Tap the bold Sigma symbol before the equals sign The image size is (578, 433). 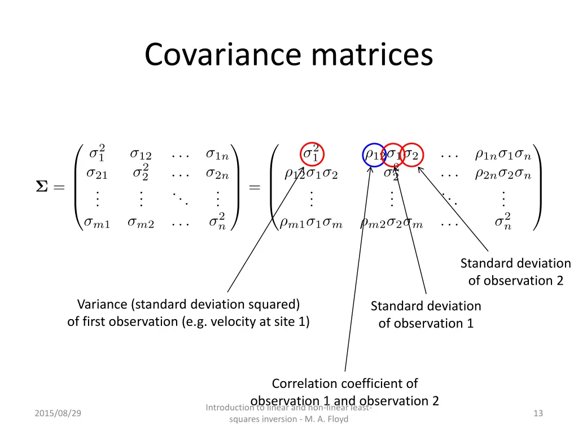[x=42, y=188]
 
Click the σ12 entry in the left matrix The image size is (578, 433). [x=141, y=154]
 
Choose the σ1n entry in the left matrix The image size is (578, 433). [x=217, y=154]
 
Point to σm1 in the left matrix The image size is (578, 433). [x=97, y=223]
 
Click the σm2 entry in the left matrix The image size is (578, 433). [x=141, y=223]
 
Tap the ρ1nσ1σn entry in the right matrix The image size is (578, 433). [x=502, y=154]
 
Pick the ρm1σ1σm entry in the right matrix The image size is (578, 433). [x=312, y=223]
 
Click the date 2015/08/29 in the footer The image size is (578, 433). [x=58, y=413]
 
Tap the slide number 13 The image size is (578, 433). [x=538, y=413]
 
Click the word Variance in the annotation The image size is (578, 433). [x=102, y=304]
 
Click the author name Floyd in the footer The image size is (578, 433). [x=338, y=419]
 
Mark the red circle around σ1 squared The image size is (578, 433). [x=310, y=154]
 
